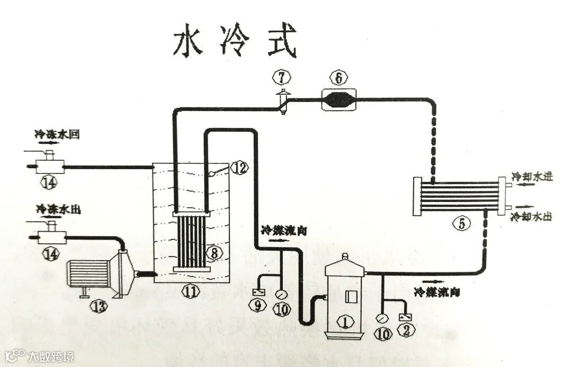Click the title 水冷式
(234, 42)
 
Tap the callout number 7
(282, 77)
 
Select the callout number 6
(339, 78)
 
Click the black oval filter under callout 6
(339, 99)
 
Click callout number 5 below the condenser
(462, 224)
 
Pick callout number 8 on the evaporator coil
(214, 254)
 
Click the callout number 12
(239, 168)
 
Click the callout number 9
(258, 306)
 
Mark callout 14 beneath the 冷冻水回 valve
(50, 183)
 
